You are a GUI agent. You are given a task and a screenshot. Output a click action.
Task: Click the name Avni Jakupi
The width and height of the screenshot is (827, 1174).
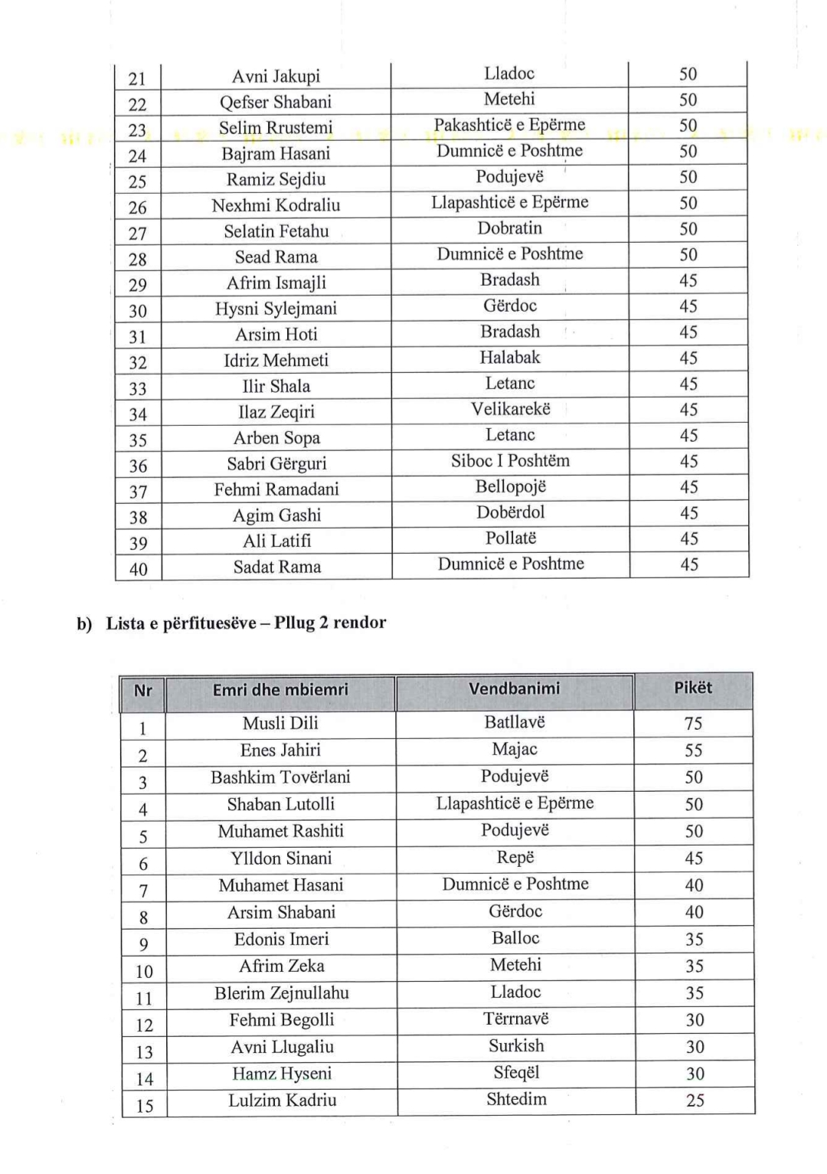[276, 77]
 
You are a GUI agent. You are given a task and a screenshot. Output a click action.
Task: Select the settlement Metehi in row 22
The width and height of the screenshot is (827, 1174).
[509, 100]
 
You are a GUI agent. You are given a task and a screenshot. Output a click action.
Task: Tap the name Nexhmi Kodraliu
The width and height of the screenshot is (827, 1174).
[276, 205]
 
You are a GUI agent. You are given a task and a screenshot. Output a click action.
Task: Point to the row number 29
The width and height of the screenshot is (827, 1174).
[138, 285]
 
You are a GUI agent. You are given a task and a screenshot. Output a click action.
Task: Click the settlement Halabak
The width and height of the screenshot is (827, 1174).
[510, 358]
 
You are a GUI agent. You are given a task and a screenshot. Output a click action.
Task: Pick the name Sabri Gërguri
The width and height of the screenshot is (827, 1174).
[276, 464]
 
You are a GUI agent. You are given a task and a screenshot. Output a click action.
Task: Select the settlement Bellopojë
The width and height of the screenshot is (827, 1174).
[511, 487]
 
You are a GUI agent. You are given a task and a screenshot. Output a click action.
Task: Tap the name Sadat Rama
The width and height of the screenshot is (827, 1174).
[277, 567]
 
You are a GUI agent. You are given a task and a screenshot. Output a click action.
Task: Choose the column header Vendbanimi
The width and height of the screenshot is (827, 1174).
[514, 688]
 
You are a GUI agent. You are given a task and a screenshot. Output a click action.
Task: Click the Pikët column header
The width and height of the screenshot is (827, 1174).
[693, 688]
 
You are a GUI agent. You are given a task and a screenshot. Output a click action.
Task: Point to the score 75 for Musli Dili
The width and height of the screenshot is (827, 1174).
[693, 723]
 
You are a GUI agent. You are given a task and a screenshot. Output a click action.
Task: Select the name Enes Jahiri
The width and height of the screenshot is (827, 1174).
[280, 751]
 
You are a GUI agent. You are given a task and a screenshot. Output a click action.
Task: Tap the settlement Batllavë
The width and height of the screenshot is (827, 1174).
[515, 722]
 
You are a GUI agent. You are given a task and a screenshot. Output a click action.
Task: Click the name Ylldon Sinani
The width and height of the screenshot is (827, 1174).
[281, 858]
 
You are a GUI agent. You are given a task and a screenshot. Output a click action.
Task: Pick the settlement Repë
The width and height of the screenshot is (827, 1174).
[515, 857]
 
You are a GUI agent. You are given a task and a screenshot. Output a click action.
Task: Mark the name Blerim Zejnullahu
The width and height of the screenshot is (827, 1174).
[281, 993]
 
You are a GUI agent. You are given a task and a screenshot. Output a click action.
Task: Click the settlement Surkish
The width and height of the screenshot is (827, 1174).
[516, 1046]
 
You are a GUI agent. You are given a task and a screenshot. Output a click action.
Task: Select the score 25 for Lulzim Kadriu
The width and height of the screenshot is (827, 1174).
[695, 1100]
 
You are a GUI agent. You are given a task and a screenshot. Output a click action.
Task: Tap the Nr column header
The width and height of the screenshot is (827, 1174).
[142, 690]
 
